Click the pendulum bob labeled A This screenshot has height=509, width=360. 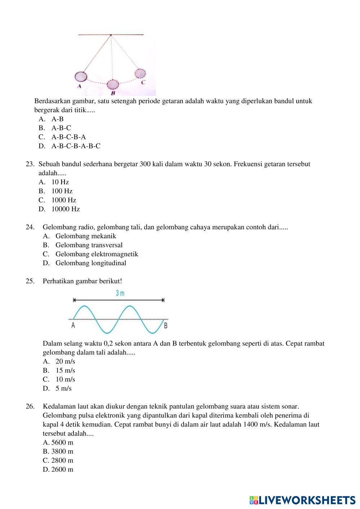click(81, 76)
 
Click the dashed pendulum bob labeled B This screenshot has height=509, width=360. click(113, 85)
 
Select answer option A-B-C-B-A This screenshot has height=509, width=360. click(68, 137)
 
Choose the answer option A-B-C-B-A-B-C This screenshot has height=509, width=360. click(76, 146)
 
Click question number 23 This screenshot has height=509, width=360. click(30, 164)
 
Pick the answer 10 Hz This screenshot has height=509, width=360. click(60, 182)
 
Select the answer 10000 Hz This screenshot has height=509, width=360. click(66, 209)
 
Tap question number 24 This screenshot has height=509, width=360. click(30, 227)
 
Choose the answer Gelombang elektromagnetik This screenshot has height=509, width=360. click(96, 254)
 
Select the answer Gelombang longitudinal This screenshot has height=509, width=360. click(91, 263)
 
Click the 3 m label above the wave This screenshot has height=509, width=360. click(120, 293)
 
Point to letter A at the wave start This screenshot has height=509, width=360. click(73, 325)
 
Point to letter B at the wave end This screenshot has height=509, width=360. click(166, 326)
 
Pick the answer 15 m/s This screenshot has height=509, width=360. click(65, 370)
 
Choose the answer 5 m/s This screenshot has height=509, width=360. click(63, 388)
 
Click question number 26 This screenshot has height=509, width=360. click(30, 406)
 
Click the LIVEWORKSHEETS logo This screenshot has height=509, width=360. click(302, 500)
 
